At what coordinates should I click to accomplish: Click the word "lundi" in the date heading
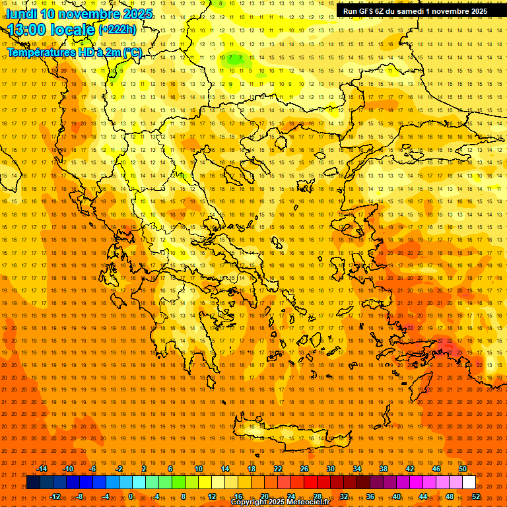tap(22, 13)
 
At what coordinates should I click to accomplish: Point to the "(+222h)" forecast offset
tap(118, 29)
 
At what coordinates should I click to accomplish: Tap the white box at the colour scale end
tap(469, 483)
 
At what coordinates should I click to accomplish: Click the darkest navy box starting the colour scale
tap(34, 483)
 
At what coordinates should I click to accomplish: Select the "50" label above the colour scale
tap(463, 469)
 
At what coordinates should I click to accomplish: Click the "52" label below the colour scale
tap(476, 496)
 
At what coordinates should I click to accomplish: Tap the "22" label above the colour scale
tap(278, 469)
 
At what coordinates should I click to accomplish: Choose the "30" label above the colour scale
tap(331, 469)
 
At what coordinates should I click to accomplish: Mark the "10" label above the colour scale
tap(199, 469)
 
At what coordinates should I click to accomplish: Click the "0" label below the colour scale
tap(131, 496)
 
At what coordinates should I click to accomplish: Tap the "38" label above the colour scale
tap(384, 469)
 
